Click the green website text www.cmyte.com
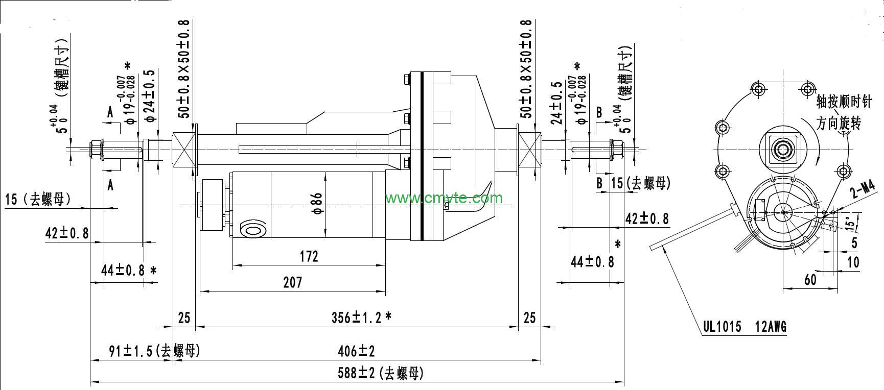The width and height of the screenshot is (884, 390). pos(444,198)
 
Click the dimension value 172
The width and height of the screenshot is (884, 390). pos(309,256)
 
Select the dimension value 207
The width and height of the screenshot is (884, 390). pos(292,282)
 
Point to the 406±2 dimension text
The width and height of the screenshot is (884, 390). pos(356,351)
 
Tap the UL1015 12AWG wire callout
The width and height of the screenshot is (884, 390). pos(745,327)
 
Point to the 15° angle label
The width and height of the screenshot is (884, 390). pos(849,223)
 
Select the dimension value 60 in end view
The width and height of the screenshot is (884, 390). pos(810,279)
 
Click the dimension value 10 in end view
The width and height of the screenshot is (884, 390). pos(853,262)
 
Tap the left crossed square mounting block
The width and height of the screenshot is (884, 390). pos(184,149)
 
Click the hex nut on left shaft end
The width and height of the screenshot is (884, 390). pos(95,149)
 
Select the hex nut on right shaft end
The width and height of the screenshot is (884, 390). pos(616,149)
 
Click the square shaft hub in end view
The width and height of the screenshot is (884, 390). pos(782,149)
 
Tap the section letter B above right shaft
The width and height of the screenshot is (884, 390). pos(599,112)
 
